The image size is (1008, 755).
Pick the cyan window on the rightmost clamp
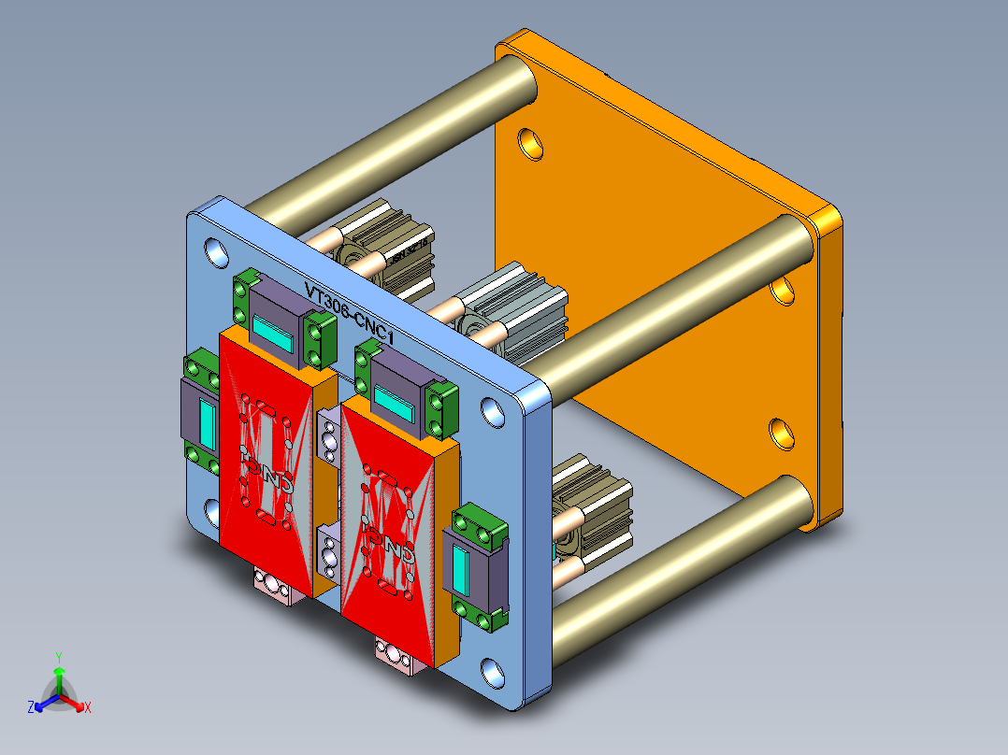[x=462, y=570]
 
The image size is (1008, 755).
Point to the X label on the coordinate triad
[x=88, y=708]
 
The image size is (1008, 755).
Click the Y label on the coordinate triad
[x=58, y=657]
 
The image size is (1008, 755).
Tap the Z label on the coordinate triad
[x=31, y=708]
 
